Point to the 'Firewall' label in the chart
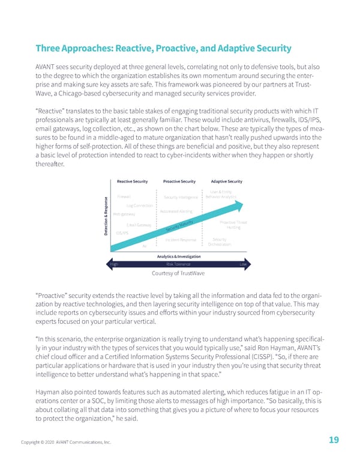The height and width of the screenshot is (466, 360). [x=124, y=196]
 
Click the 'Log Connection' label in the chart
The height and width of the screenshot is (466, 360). [x=140, y=206]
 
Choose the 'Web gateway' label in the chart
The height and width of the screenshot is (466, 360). [x=124, y=214]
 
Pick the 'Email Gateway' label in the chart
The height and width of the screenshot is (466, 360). [x=139, y=225]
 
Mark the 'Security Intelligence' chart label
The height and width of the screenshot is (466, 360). [x=181, y=197]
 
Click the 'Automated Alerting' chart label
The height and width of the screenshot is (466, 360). [x=176, y=211]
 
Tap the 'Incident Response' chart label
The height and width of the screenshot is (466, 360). [x=180, y=240]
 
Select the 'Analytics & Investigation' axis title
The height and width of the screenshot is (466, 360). [x=179, y=256]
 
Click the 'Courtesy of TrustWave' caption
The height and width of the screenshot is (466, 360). [x=179, y=275]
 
